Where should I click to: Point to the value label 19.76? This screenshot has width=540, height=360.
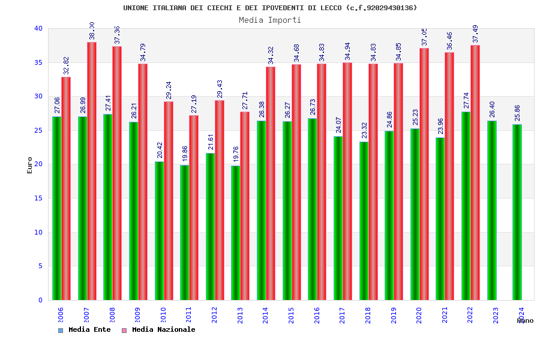(x=236, y=154)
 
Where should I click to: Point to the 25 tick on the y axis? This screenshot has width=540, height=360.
(x=38, y=130)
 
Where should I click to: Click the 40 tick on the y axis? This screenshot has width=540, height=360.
(x=38, y=28)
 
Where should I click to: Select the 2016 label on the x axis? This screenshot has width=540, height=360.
(x=317, y=316)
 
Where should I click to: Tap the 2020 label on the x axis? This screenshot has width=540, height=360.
(x=419, y=316)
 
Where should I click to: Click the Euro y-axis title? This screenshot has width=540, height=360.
(x=30, y=165)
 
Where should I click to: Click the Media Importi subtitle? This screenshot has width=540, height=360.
(x=270, y=20)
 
